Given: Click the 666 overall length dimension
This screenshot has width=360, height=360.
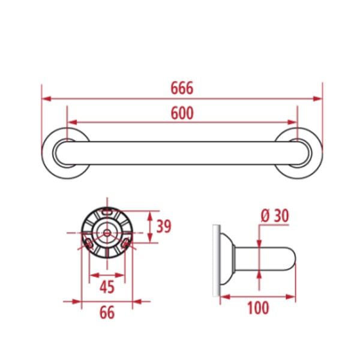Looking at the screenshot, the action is pos(182,88).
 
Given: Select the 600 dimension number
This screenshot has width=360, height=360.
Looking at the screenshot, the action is pos(182,113).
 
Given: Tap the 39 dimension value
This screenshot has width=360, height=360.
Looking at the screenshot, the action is pos(164,226).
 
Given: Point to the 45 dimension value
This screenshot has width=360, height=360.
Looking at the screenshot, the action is pos(107,287).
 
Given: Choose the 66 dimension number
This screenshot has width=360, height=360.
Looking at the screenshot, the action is pos(107,313).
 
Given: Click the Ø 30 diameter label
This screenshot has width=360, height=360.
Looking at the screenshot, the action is pos(275,216).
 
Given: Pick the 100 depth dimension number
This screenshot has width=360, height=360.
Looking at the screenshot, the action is pos(258,308).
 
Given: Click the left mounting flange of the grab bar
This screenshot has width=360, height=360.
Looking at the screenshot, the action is pos(47,153).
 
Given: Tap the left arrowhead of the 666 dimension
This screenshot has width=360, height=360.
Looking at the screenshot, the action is pos(46,99).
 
